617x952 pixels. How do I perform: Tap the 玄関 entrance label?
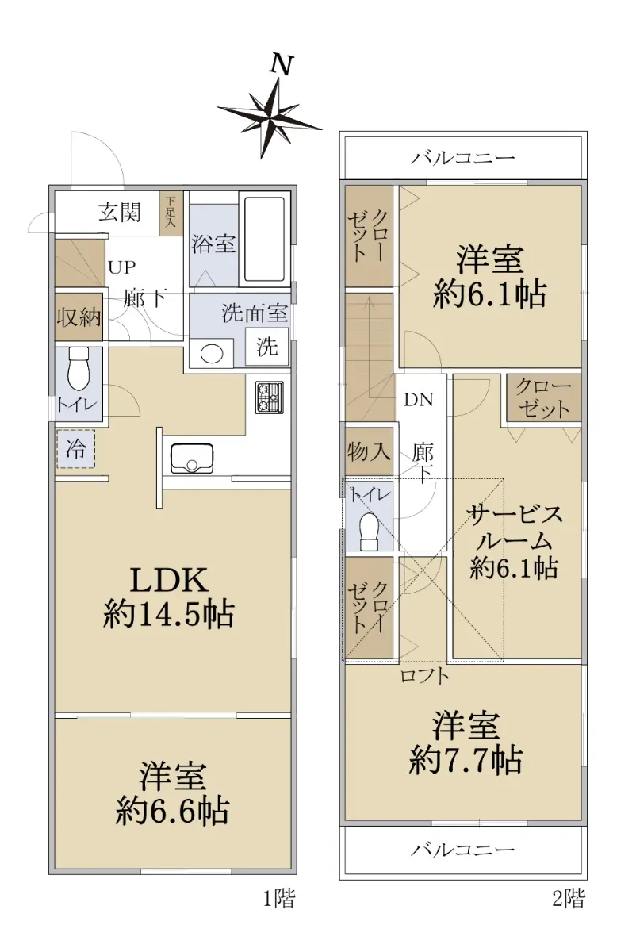[x=120, y=212]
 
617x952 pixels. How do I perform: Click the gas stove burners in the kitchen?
[x=269, y=397]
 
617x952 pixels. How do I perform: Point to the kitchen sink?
[x=192, y=459]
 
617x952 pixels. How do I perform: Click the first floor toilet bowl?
[x=79, y=368]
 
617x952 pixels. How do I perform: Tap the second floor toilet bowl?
[x=369, y=532]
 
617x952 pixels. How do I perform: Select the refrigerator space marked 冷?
[x=75, y=449]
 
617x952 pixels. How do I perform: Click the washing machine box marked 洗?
[x=266, y=347]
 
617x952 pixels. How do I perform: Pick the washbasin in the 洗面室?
[x=212, y=354]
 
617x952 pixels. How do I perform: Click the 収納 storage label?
[x=79, y=317]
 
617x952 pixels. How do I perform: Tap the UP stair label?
[x=121, y=267]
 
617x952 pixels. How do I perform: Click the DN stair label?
[x=418, y=400]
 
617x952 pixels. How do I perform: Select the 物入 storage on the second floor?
[x=369, y=451]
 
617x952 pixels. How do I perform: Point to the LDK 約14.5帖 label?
[x=168, y=597]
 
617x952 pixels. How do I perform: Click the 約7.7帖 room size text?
[x=466, y=761]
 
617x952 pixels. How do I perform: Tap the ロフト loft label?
[x=424, y=676]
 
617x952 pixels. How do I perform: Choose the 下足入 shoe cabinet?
[x=171, y=213]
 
